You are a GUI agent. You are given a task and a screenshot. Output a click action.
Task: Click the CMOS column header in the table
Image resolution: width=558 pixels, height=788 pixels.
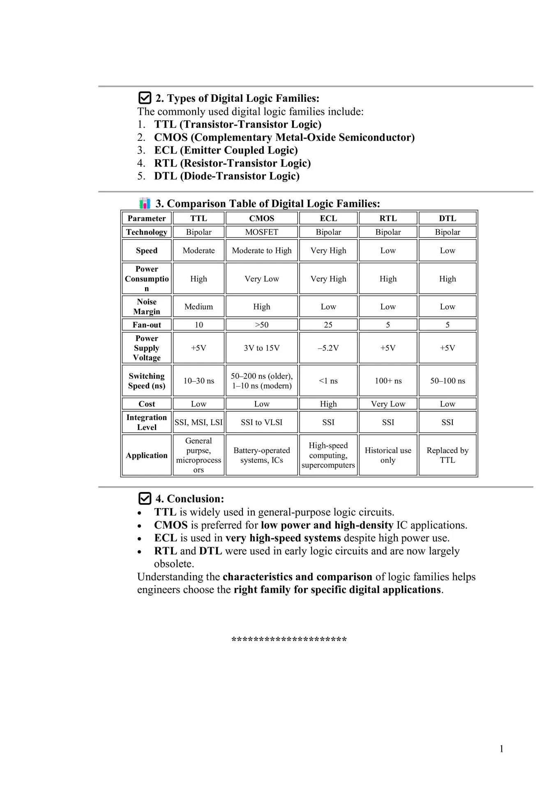(262, 218)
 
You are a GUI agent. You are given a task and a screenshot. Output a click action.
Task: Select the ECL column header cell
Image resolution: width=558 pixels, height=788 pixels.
(328, 218)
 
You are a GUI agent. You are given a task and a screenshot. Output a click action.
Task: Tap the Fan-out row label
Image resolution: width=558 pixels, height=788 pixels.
(147, 325)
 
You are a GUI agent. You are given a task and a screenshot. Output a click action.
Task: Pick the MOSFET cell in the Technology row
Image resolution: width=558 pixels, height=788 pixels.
(262, 232)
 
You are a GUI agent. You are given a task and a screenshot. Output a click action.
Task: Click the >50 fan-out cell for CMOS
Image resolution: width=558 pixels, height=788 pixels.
(262, 325)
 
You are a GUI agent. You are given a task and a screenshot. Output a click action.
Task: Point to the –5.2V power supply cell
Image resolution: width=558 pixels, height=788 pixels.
(328, 348)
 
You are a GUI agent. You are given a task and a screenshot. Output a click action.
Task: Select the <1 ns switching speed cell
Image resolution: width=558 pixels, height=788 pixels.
(328, 381)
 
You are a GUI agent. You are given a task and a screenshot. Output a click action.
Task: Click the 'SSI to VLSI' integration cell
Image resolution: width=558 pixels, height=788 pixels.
(262, 422)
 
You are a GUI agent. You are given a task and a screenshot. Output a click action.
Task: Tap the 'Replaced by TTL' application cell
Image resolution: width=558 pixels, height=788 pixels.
(447, 455)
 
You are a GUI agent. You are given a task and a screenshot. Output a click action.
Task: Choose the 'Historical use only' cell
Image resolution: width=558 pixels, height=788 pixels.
(388, 455)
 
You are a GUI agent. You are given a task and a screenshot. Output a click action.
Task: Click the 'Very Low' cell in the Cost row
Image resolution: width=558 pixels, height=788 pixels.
(388, 404)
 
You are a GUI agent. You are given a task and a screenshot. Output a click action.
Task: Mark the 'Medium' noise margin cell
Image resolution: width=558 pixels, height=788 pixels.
(198, 307)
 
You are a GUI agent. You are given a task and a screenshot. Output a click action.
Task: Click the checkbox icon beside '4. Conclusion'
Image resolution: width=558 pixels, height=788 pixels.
(145, 499)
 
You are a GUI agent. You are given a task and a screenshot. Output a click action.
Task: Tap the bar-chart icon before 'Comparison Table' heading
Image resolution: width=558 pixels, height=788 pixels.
(145, 203)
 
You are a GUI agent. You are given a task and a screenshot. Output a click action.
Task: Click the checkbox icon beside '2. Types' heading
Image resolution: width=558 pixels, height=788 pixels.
(145, 98)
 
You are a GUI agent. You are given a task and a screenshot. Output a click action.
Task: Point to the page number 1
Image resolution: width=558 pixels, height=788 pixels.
(501, 749)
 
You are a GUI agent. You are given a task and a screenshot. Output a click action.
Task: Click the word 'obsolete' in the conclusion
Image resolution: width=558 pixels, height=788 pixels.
(173, 564)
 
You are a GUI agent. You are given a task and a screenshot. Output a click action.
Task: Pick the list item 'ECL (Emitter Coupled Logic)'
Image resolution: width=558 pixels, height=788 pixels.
(226, 150)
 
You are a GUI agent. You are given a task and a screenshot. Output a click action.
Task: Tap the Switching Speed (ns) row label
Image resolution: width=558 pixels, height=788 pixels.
(147, 381)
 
